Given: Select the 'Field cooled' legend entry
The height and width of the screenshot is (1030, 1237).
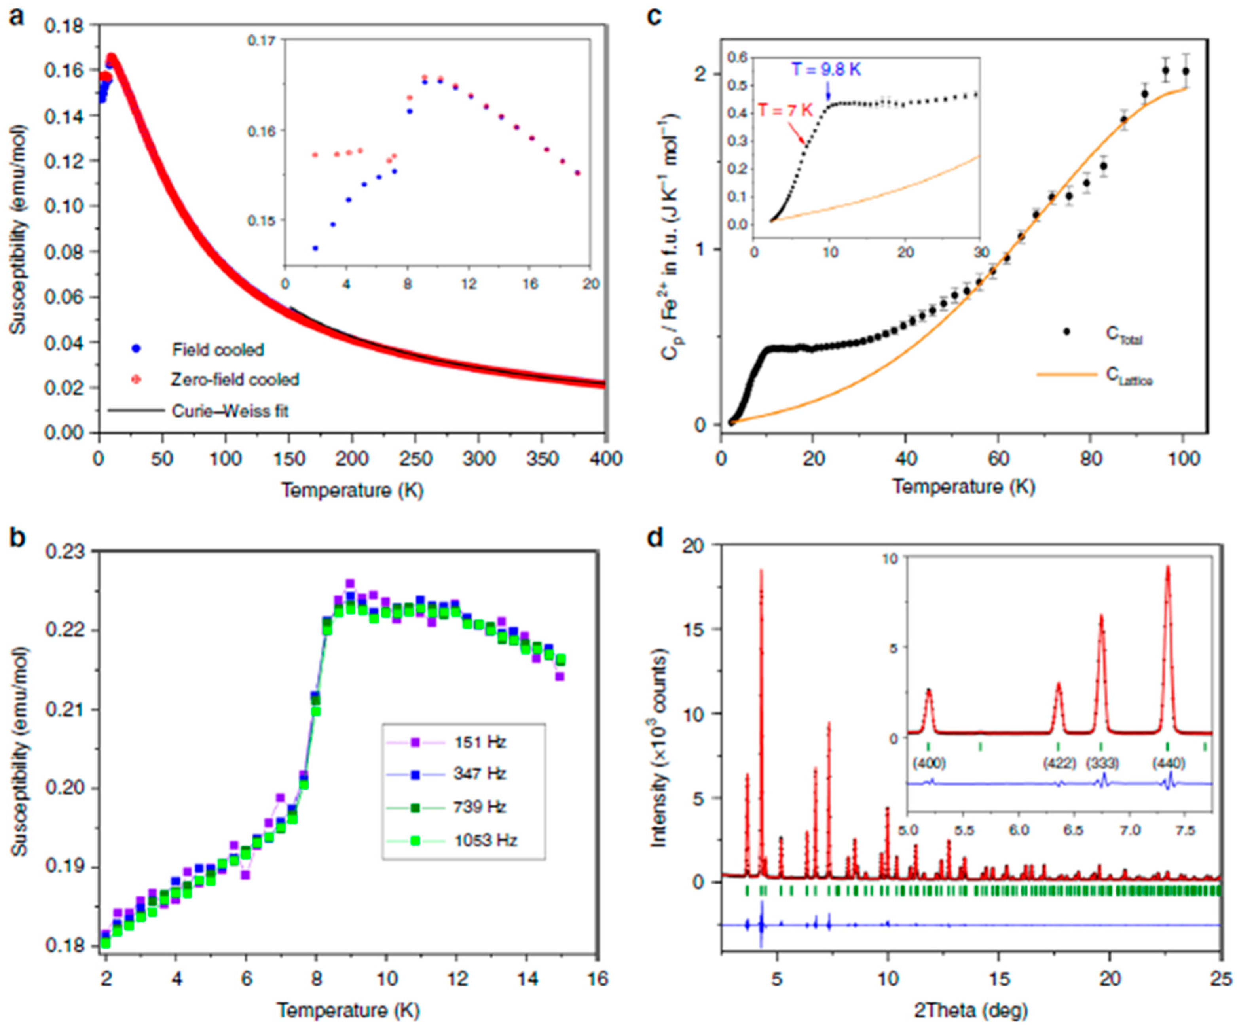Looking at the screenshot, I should [x=217, y=350].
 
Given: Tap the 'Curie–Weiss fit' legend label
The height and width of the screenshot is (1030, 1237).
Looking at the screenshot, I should [x=230, y=411].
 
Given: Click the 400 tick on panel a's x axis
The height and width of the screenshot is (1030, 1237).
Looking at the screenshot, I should [x=605, y=458].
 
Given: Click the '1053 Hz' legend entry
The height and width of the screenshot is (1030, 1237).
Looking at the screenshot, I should [x=485, y=840].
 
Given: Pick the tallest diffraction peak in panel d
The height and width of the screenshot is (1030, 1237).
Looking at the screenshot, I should [x=761, y=571].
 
